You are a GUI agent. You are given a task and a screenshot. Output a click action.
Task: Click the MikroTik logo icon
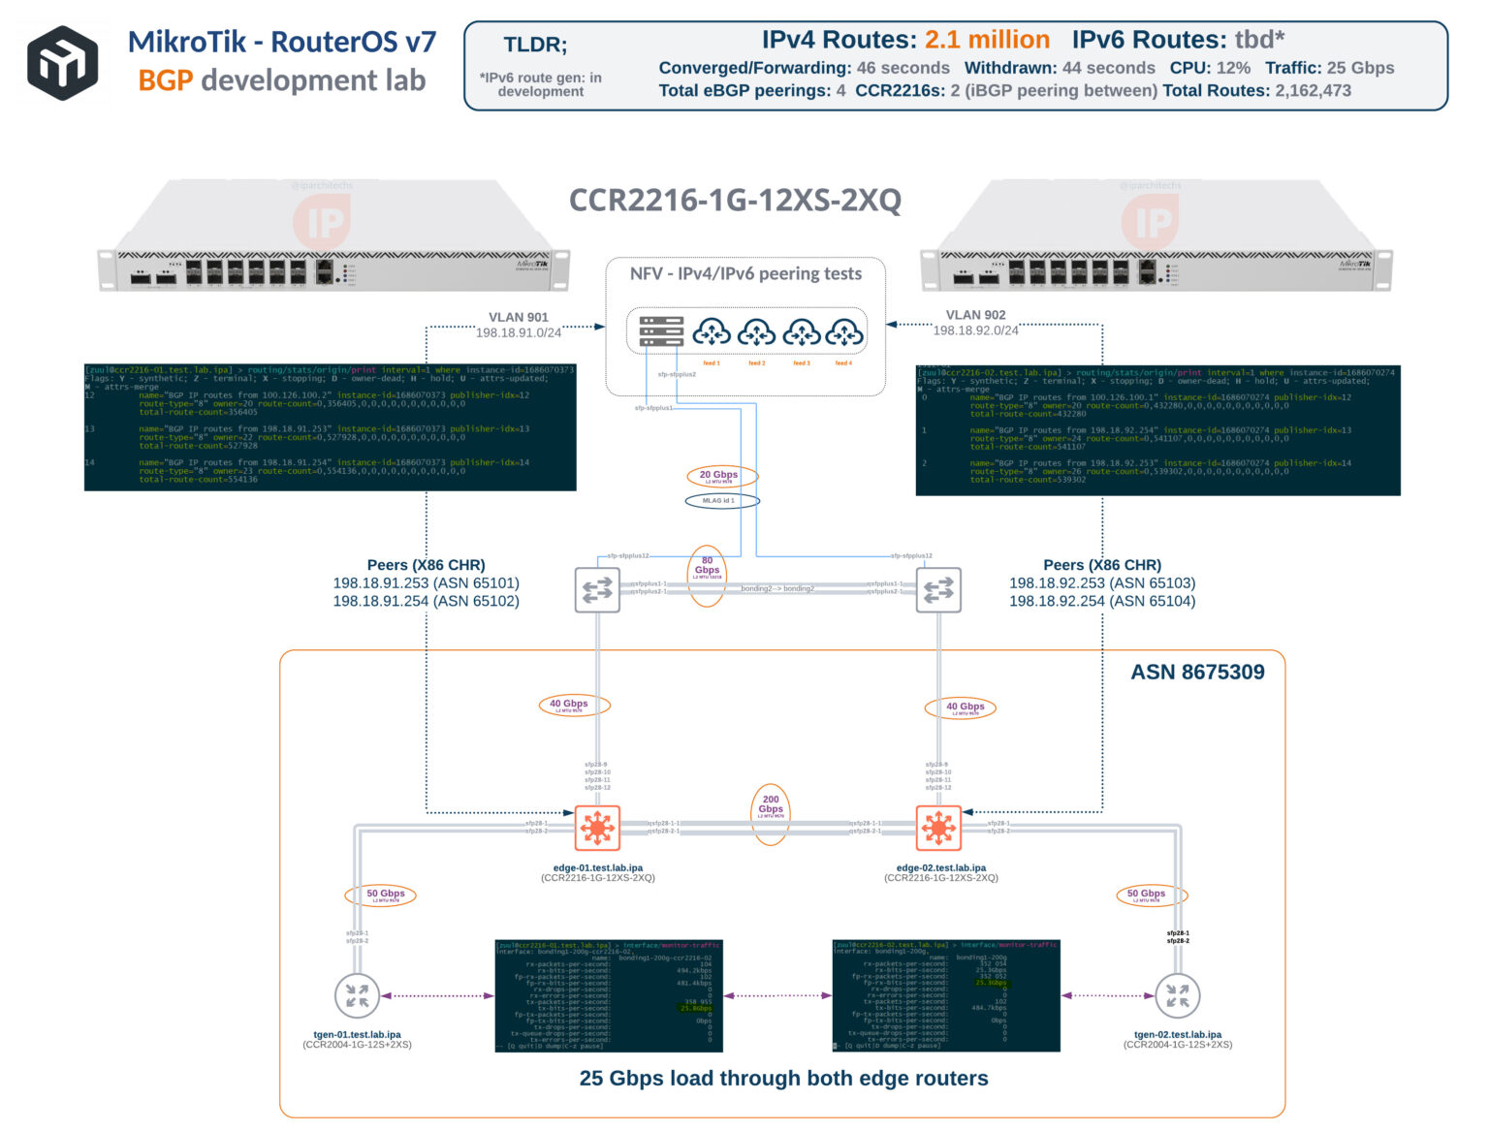tap(62, 63)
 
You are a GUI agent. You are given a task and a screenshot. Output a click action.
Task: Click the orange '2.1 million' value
tap(986, 40)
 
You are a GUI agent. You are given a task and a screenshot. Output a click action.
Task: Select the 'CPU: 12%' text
tap(1209, 68)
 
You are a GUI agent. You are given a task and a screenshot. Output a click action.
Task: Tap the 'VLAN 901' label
tap(518, 317)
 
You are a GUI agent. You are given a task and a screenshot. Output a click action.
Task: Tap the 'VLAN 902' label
tap(975, 315)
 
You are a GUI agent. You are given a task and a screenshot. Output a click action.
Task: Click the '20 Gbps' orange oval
tap(719, 476)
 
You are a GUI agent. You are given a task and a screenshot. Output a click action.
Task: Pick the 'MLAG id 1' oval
tap(721, 501)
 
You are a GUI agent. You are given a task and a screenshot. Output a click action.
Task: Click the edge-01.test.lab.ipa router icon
tap(597, 829)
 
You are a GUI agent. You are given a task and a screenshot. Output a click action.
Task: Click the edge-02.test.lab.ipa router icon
tap(938, 829)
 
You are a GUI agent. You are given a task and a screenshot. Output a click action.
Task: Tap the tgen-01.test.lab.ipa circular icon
tap(357, 995)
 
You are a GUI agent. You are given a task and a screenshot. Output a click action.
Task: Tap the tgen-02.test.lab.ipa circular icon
tap(1177, 995)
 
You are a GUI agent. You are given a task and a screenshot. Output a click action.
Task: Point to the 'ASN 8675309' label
tap(1197, 673)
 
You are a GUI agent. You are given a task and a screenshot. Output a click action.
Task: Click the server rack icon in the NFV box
tap(661, 331)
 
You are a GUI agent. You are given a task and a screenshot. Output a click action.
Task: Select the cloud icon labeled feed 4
tap(844, 333)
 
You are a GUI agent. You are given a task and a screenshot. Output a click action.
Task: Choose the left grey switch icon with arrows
tap(597, 589)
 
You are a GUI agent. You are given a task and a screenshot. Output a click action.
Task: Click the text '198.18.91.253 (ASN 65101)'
tap(426, 583)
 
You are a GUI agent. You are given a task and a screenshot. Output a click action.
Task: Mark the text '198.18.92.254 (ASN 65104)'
tap(1102, 601)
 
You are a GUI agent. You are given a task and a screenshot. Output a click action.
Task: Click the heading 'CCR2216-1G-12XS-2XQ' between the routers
tap(735, 201)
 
